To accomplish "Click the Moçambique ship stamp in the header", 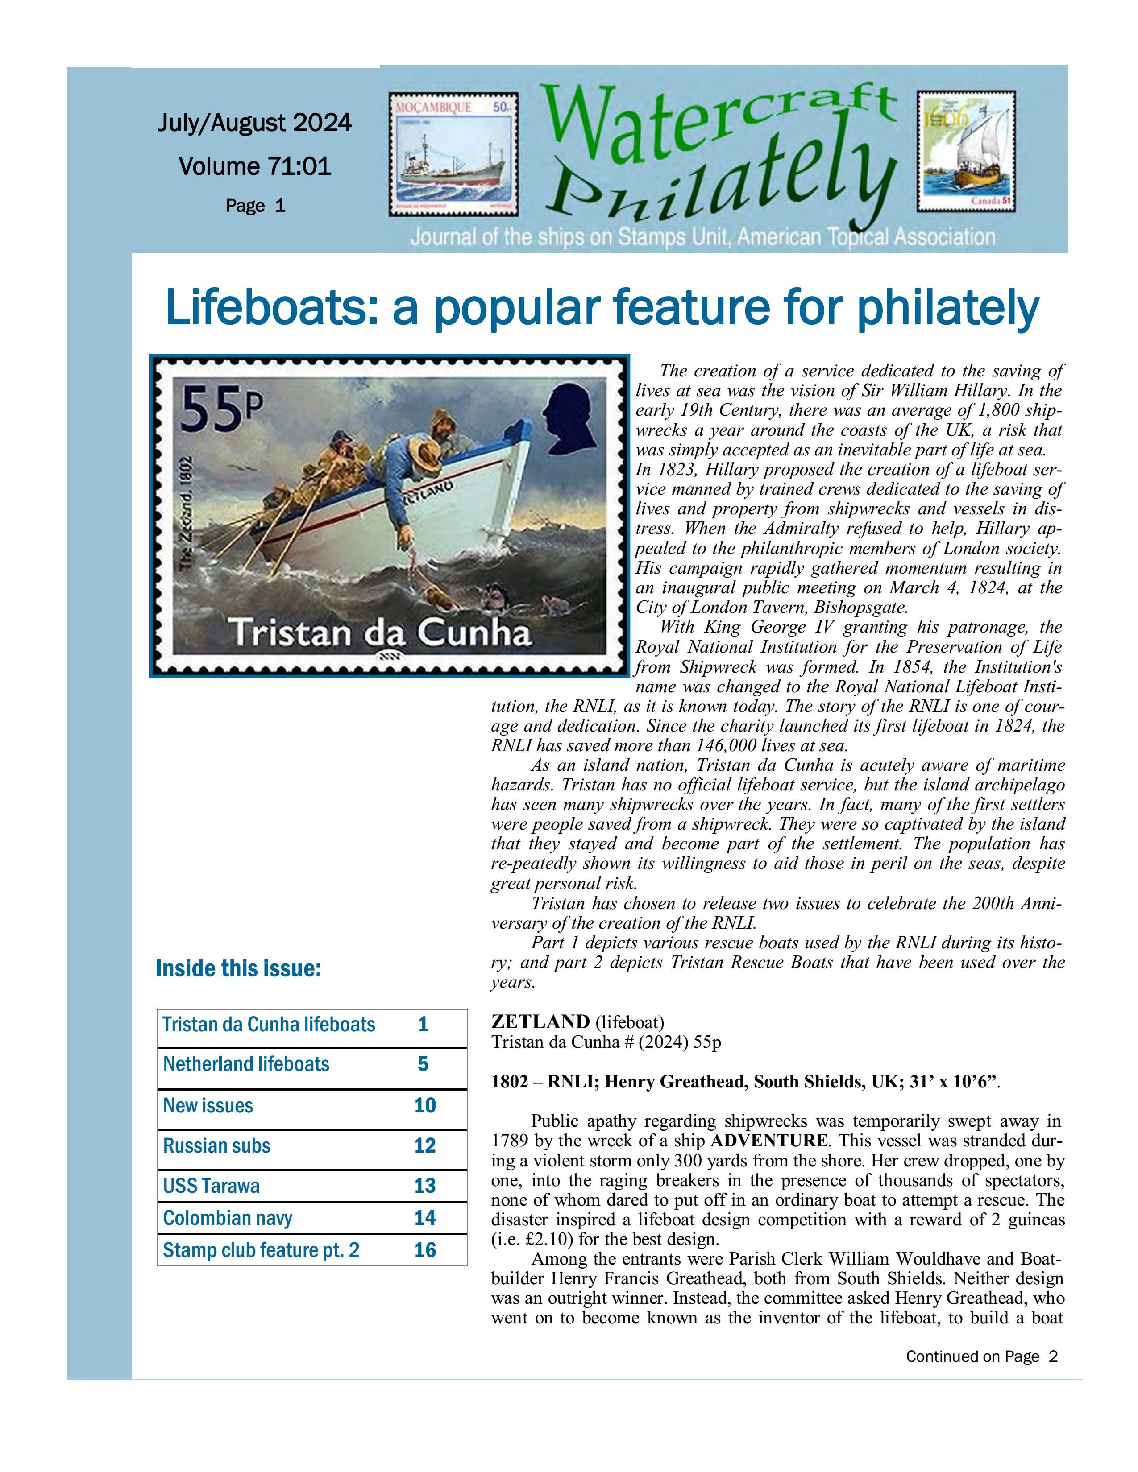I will coord(453,154).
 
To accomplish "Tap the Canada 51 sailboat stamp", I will coord(965,152).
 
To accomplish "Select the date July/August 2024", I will coord(255,123).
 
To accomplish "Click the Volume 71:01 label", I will coord(255,166).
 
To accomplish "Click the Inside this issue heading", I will coord(238,968).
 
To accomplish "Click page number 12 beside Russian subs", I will coord(425,1146).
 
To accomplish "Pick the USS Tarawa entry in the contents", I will coord(211,1186).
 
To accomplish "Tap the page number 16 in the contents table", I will coord(425,1250).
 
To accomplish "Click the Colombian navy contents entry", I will coord(228,1218).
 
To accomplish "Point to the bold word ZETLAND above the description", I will coord(540,1022).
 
